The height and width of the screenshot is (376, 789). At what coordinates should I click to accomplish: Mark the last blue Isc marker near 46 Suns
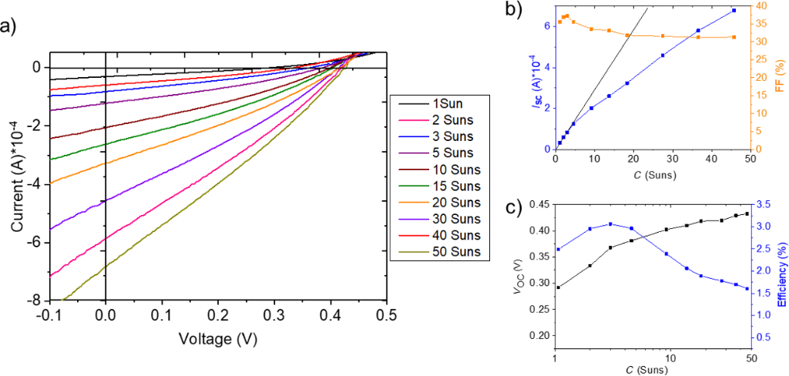(734, 11)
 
